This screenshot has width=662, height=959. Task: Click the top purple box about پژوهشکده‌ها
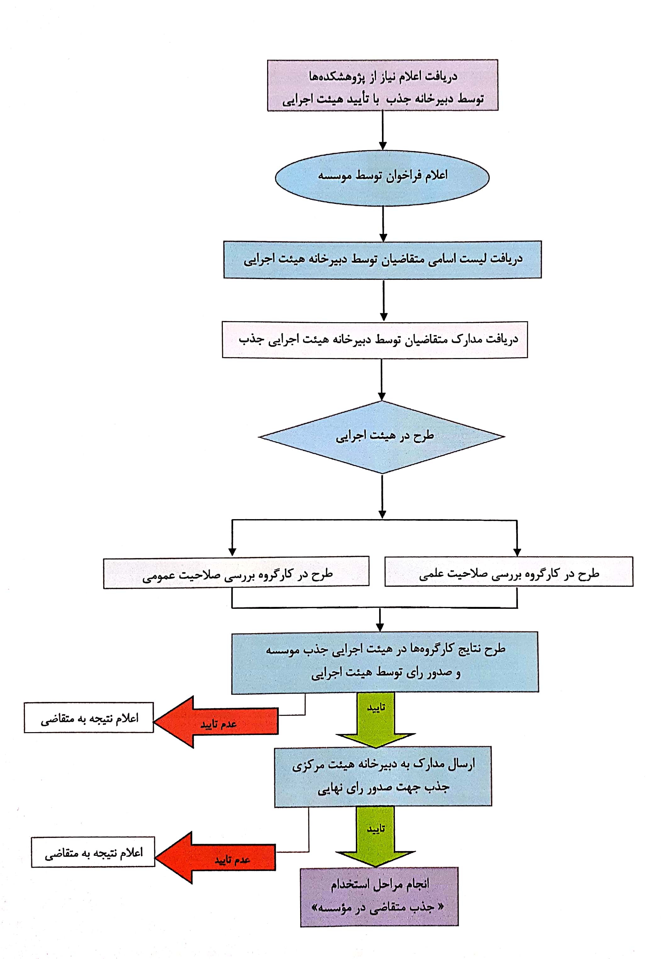pyautogui.click(x=382, y=85)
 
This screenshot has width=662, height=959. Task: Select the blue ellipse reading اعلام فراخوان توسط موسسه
pyautogui.click(x=382, y=178)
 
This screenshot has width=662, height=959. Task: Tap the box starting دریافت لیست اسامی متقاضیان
pyautogui.click(x=382, y=260)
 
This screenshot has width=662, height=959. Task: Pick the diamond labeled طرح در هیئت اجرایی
pyautogui.click(x=382, y=437)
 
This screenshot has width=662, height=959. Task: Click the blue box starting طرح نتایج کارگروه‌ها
pyautogui.click(x=385, y=662)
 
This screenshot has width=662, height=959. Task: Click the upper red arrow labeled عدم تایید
pyautogui.click(x=216, y=722)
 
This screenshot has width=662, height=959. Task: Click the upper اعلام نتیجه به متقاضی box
pyautogui.click(x=89, y=718)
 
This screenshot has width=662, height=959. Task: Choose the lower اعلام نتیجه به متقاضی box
pyautogui.click(x=93, y=852)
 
